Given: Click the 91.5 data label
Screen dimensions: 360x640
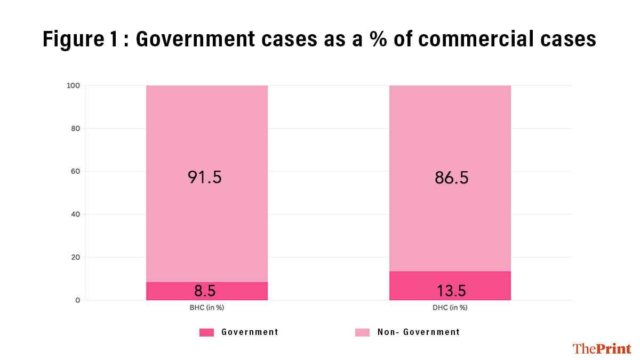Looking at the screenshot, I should click(x=204, y=177).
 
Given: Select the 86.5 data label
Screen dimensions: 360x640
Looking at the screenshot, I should click(x=451, y=177).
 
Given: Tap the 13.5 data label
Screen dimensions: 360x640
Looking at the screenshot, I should click(x=451, y=291).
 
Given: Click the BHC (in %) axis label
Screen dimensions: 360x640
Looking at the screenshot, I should click(x=206, y=308).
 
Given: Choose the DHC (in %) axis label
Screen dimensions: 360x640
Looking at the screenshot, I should click(x=450, y=308).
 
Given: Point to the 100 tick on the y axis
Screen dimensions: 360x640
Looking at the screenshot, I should click(x=74, y=85).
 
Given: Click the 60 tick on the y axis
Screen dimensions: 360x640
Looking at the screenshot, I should click(x=75, y=172).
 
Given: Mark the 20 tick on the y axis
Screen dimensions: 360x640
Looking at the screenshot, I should click(x=75, y=258).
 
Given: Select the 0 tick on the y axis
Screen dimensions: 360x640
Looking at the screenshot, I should click(x=77, y=300).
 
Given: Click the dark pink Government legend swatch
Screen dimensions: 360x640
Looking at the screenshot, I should click(x=206, y=332).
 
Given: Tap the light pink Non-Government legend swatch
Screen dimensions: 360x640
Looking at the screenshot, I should click(x=362, y=332).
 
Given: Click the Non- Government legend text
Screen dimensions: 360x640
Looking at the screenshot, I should click(x=418, y=332).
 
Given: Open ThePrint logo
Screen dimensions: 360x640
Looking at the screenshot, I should click(x=602, y=349).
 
